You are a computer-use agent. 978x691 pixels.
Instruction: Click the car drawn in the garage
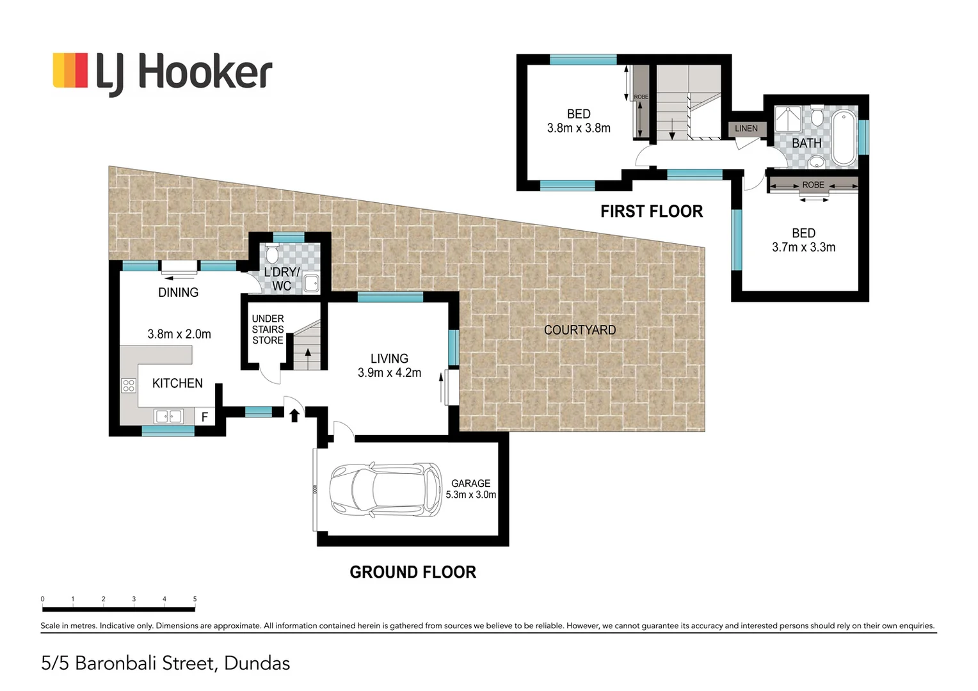[x=385, y=489]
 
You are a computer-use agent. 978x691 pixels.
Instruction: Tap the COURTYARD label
[x=580, y=330]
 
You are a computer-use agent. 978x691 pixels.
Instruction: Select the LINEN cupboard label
[x=746, y=129]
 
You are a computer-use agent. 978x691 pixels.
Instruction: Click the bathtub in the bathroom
[x=844, y=138]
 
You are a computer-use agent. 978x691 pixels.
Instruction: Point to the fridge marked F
[x=204, y=417]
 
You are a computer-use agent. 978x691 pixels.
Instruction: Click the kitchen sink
[x=168, y=417]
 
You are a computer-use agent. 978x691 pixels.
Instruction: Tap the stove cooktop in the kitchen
[x=129, y=385]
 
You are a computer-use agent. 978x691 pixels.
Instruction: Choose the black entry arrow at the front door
[x=294, y=415]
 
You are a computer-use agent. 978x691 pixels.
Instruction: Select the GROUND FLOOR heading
[x=413, y=572]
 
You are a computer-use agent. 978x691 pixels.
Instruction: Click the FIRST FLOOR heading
[x=652, y=211]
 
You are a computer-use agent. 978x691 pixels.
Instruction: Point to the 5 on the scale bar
[x=195, y=599]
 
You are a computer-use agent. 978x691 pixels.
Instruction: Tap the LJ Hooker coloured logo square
[x=70, y=70]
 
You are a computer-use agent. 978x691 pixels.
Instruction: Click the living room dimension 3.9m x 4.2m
[x=389, y=373]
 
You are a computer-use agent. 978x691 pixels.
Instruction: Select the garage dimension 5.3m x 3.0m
[x=470, y=495]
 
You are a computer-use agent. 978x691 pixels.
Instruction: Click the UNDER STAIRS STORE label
[x=268, y=330]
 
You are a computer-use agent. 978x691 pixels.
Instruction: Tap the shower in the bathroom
[x=788, y=119]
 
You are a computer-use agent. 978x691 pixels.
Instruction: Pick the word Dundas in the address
[x=257, y=663]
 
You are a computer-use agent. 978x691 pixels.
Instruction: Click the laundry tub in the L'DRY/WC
[x=311, y=283]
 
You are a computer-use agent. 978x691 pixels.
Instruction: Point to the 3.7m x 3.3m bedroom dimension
[x=803, y=248]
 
